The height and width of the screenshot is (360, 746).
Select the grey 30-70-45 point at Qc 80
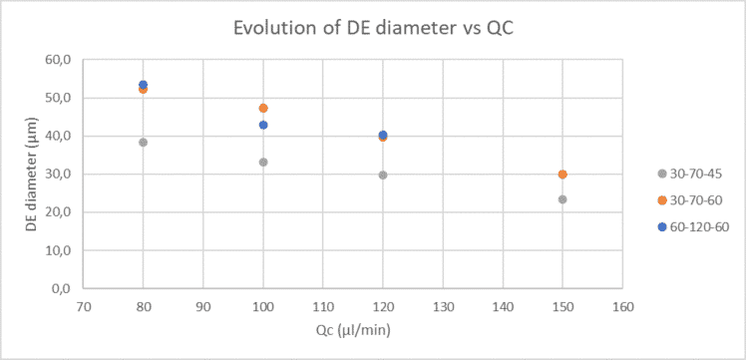pyautogui.click(x=144, y=143)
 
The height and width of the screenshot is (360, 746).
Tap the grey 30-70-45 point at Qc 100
pyautogui.click(x=263, y=162)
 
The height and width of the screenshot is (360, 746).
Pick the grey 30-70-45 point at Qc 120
pyautogui.click(x=383, y=175)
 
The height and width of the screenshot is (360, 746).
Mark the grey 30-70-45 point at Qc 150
pyautogui.click(x=562, y=199)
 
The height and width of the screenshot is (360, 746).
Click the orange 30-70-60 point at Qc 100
pyautogui.click(x=263, y=108)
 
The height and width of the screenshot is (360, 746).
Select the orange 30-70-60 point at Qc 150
pyautogui.click(x=562, y=175)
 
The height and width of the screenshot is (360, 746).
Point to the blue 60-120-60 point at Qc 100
pyautogui.click(x=263, y=125)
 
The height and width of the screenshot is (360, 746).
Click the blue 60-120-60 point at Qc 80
pyautogui.click(x=144, y=85)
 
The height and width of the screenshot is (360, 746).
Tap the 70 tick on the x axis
pyautogui.click(x=84, y=308)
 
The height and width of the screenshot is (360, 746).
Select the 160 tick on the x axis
pyautogui.click(x=622, y=308)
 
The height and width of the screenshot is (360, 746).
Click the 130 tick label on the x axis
pyautogui.click(x=443, y=308)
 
